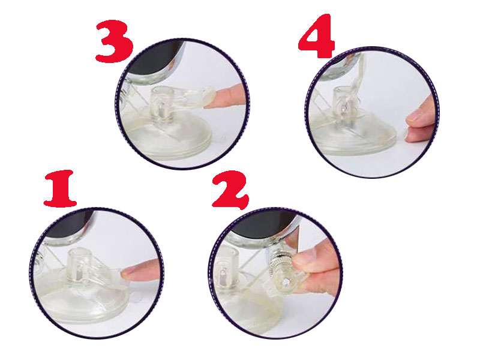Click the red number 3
[114, 41]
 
